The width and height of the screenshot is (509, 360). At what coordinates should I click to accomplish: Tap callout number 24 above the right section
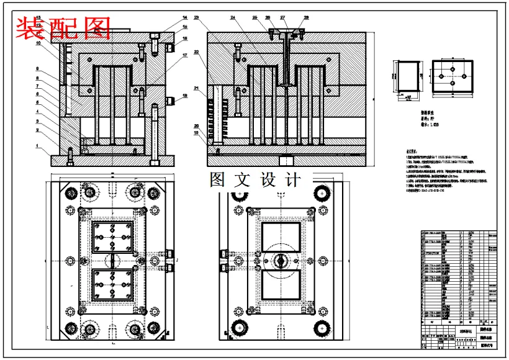coord(233,17)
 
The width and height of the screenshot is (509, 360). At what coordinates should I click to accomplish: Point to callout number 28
coord(306,17)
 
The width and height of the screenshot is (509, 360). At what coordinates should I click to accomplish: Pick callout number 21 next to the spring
coord(196,89)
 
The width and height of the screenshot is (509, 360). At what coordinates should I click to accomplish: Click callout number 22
coord(196,52)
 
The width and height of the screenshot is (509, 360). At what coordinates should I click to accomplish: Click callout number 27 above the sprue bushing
coord(283,17)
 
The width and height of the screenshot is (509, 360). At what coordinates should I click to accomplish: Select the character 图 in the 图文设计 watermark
coord(218,180)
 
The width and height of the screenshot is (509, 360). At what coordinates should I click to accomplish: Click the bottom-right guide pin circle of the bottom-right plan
coord(321,328)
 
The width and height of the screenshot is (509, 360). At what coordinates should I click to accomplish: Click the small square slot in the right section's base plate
coord(286,160)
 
